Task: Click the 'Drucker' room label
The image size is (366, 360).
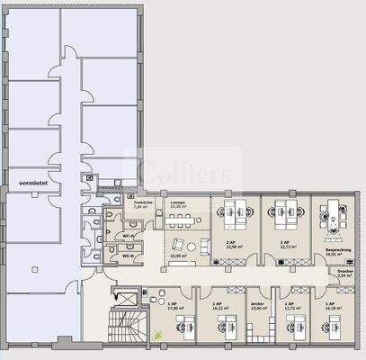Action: (x=345, y=270)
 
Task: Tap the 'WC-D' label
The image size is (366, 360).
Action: (x=128, y=256)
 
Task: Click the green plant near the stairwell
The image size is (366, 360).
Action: (x=159, y=334)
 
